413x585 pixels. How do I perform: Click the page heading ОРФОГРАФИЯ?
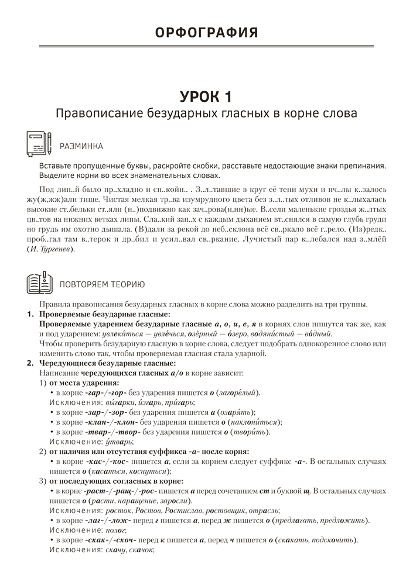[206, 32]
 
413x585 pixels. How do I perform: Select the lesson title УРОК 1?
[206, 95]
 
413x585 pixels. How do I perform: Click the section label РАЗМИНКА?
[81, 146]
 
